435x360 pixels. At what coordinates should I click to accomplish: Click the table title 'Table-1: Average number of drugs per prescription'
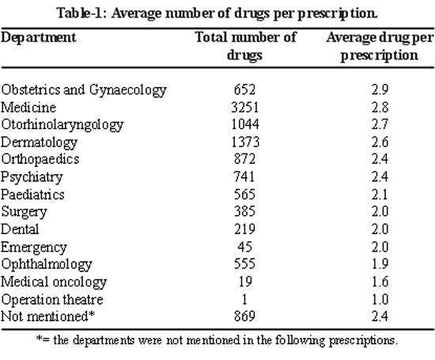[x=217, y=13]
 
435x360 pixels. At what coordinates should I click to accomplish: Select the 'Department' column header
[x=38, y=38]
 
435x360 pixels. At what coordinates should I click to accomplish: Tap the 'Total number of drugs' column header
[x=245, y=46]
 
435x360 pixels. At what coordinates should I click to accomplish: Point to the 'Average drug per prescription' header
[x=380, y=47]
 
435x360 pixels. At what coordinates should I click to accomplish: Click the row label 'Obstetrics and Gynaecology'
[x=84, y=90]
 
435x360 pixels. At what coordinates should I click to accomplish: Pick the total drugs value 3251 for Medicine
[x=244, y=108]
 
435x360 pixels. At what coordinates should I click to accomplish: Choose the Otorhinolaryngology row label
[x=62, y=125]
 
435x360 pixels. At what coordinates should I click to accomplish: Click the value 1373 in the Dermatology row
[x=245, y=142]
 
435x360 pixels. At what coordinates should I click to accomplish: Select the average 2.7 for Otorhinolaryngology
[x=380, y=124]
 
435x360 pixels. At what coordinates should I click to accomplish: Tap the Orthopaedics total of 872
[x=244, y=159]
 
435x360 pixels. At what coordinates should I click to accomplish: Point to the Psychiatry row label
[x=32, y=177]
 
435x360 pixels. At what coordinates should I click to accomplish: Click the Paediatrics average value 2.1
[x=380, y=195]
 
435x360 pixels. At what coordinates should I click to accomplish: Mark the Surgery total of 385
[x=244, y=211]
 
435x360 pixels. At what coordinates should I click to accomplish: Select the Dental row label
[x=20, y=229]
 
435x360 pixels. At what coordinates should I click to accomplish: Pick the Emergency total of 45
[x=244, y=247]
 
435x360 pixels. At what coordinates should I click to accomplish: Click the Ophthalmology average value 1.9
[x=380, y=263]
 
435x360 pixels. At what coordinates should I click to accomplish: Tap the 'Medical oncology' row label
[x=54, y=282]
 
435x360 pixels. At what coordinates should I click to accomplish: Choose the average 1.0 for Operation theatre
[x=380, y=300]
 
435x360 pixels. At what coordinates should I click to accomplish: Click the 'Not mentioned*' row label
[x=47, y=316]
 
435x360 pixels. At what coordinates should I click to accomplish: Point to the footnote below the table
[x=217, y=340]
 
